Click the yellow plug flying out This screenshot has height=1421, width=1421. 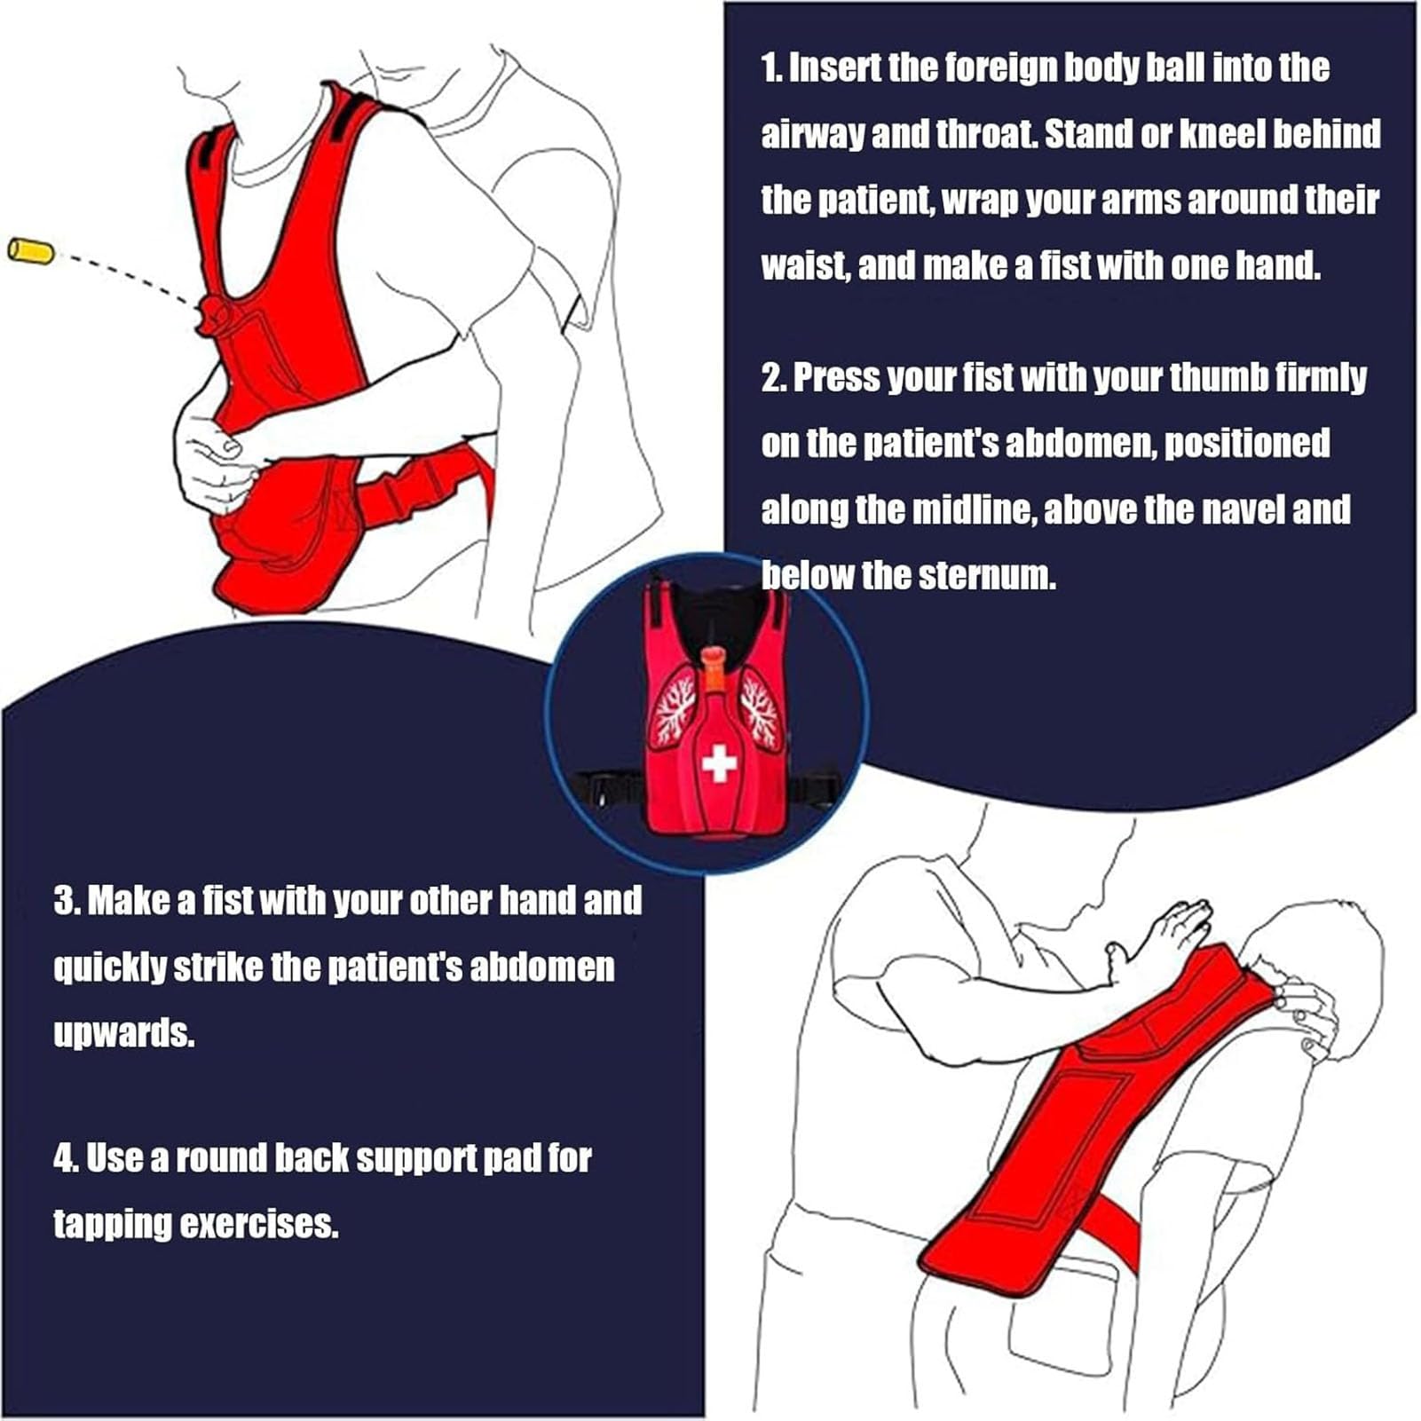pyautogui.click(x=31, y=250)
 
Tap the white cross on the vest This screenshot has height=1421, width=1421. pyautogui.click(x=719, y=763)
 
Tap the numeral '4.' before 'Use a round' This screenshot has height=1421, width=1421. pyautogui.click(x=67, y=1158)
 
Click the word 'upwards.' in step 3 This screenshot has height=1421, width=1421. pyautogui.click(x=124, y=1034)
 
